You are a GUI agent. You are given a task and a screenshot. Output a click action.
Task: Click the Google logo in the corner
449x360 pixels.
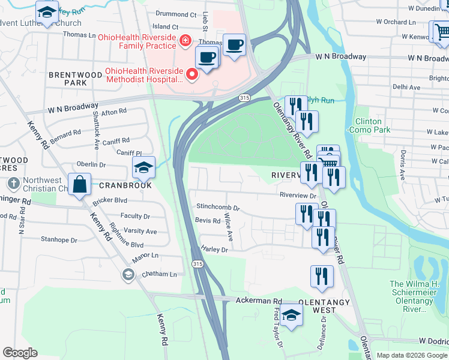coord(20,353)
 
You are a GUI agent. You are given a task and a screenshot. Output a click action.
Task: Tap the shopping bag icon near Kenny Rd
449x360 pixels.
coord(80,185)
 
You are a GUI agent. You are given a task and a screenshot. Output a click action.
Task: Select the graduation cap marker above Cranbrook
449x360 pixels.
coord(143,168)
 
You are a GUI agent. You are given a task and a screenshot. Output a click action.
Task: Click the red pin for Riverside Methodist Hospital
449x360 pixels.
coord(192,74)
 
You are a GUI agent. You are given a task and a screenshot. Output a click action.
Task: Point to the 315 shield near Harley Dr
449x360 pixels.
coord(197,264)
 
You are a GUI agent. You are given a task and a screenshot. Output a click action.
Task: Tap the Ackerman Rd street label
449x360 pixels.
coord(259,301)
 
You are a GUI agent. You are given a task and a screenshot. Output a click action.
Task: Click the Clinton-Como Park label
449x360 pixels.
coord(372,125)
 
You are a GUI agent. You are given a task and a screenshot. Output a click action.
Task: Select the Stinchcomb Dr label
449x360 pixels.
coord(218,208)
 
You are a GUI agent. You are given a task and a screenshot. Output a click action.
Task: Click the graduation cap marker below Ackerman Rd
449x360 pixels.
coord(291,315)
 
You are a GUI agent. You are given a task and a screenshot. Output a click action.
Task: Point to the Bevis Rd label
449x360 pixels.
coord(208,221)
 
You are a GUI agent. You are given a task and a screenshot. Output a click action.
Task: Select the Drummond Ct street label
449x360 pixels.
coord(176,14)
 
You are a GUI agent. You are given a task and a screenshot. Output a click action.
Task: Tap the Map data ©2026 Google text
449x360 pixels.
coord(412,355)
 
